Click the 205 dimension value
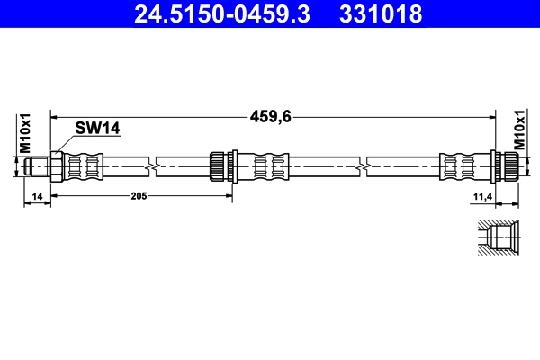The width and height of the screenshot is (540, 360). click(138, 194)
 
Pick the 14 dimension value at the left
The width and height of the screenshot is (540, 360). click(37, 194)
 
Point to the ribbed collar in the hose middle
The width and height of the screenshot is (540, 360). click(219, 166)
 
